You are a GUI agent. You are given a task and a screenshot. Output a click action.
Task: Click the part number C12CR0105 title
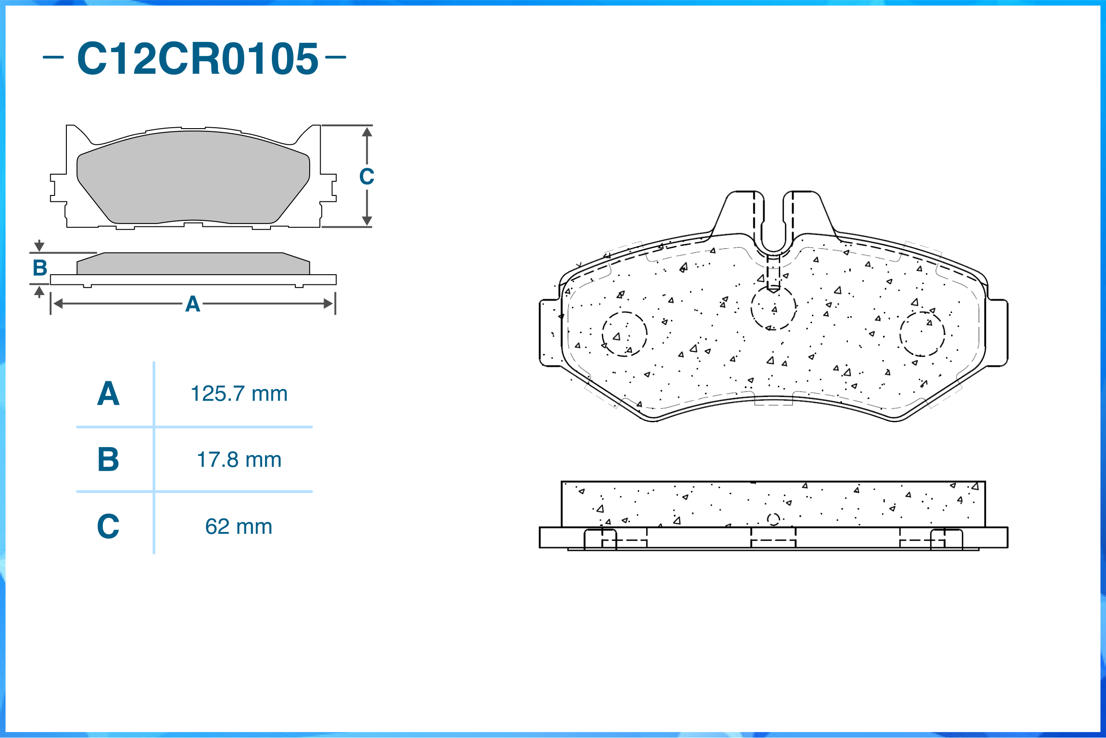click(198, 59)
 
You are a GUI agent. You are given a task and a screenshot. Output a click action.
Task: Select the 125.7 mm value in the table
click(239, 394)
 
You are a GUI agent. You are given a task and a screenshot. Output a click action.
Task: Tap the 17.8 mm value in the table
click(239, 460)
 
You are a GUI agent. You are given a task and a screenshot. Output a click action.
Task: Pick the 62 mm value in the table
click(239, 527)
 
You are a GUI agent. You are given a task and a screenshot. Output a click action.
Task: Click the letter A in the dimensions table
click(108, 394)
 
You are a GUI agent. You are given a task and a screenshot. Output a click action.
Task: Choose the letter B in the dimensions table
click(108, 460)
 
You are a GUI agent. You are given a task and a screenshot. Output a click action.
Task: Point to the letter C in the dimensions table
click(108, 526)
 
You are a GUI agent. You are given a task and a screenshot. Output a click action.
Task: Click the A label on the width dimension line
click(193, 304)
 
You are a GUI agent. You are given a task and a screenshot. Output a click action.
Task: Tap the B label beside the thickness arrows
click(40, 268)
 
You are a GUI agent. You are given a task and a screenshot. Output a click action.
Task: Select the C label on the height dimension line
click(367, 177)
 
